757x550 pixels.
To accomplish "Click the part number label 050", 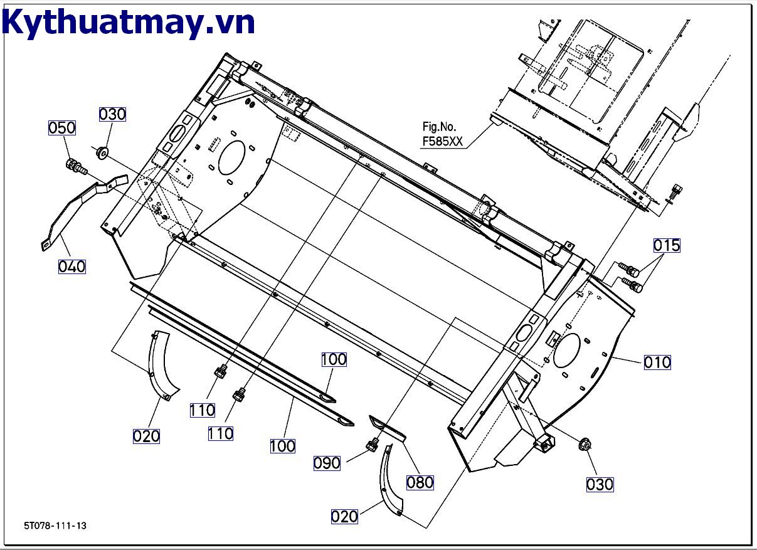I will coord(62,128).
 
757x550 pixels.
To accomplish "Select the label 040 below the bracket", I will coord(71,267).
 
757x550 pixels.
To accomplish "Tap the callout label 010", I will coord(657,362).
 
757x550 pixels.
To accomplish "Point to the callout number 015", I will coord(667,245).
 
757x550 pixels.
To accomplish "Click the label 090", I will coord(327,463).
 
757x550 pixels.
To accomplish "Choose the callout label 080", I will coord(420,482).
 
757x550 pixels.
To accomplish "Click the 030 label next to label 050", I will coord(112,114).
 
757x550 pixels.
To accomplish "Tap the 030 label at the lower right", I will coord(600,484).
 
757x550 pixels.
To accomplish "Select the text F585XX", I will coord(442,142).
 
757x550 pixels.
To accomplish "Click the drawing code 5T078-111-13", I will coord(55,526).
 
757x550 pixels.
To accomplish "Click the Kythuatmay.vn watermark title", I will coord(129,22).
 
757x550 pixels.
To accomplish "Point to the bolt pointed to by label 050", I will coord(75,167).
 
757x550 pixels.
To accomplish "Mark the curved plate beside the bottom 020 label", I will coord(389,480).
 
